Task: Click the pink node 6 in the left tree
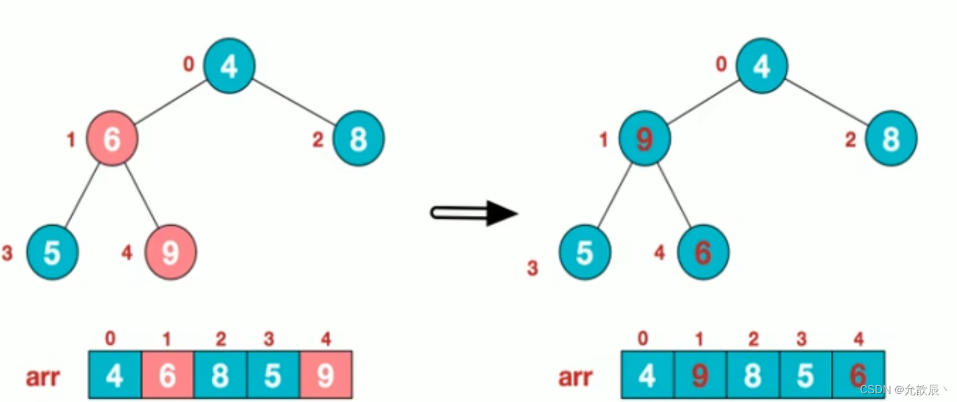(x=112, y=140)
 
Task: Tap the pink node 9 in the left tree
(x=171, y=252)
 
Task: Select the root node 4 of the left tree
(x=229, y=66)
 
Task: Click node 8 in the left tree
(x=359, y=140)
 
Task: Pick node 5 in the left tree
(x=52, y=252)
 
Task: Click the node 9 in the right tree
(x=644, y=140)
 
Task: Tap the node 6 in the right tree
(x=703, y=252)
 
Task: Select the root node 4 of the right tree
(x=762, y=66)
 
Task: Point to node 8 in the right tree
(x=891, y=140)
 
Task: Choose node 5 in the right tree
(x=585, y=252)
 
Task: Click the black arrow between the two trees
(x=474, y=213)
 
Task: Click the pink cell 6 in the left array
(x=167, y=376)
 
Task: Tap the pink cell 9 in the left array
(x=325, y=376)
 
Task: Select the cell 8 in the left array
(x=220, y=376)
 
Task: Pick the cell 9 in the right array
(x=700, y=376)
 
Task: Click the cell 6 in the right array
(x=858, y=376)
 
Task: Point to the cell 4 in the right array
(x=648, y=376)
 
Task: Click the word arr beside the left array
(x=43, y=377)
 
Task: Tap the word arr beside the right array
(x=575, y=377)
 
